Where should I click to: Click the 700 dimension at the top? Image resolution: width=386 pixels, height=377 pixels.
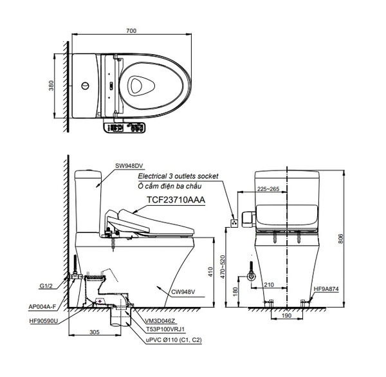coord(132,31)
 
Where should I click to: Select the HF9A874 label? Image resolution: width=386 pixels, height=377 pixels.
coord(327,290)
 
